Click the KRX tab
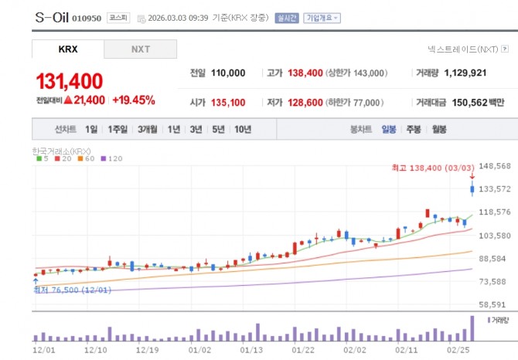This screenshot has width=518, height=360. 67,49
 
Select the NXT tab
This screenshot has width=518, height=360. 141,49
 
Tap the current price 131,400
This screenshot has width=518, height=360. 70,81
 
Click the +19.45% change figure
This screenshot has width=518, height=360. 134,100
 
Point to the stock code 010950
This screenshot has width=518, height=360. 87,17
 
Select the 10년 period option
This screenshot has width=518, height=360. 242,130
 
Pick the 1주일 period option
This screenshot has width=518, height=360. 118,130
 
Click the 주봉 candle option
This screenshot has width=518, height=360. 414,130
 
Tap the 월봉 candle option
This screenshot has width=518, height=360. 439,130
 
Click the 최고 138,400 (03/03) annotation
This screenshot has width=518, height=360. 433,167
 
